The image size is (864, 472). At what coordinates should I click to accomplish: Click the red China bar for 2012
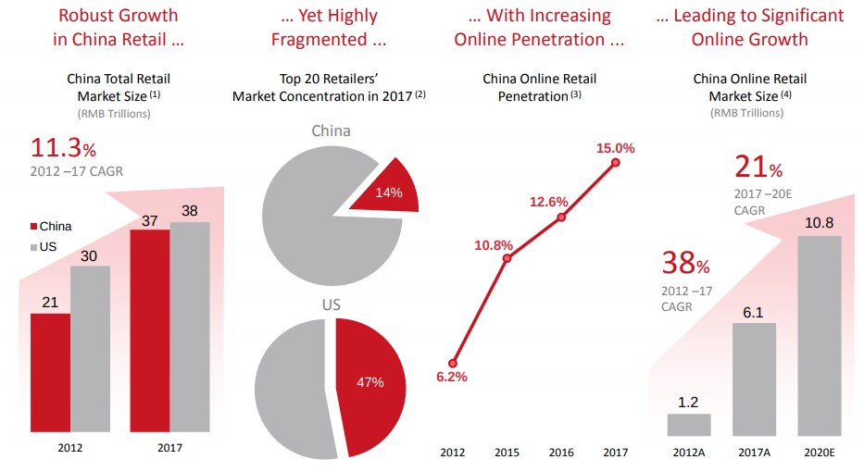click(50, 372)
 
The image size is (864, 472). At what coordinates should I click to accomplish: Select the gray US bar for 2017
click(190, 327)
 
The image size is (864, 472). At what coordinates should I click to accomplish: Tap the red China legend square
click(34, 226)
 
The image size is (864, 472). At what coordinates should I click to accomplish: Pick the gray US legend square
click(34, 247)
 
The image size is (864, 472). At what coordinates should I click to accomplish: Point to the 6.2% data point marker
click(453, 363)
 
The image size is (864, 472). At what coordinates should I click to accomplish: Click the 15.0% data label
click(615, 147)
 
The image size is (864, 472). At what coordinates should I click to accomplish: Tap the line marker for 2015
click(506, 259)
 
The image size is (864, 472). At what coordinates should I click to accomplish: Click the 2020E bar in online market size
click(820, 335)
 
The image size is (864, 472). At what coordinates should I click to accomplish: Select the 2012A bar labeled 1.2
click(689, 424)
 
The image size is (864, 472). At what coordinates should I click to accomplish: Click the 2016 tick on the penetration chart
click(561, 452)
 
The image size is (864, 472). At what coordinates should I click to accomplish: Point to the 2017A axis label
click(754, 452)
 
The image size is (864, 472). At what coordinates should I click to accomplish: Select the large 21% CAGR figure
click(758, 167)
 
